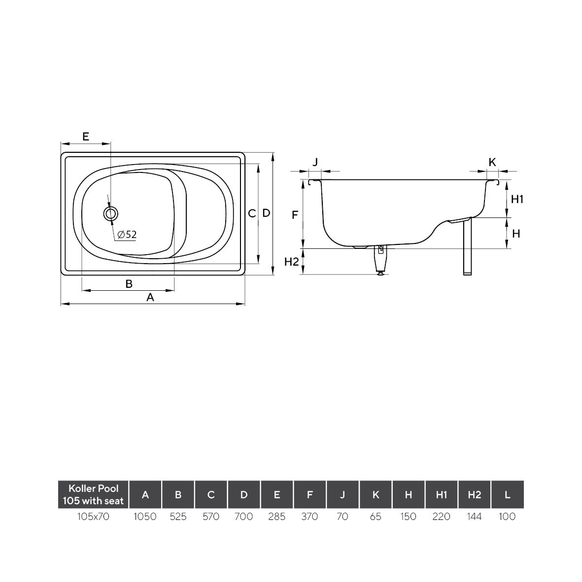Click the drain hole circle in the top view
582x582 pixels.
110,213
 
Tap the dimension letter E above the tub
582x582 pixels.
85,137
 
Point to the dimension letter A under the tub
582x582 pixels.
150,297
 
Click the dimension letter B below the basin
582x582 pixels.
129,284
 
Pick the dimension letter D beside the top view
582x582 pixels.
266,213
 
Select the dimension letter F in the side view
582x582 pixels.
295,215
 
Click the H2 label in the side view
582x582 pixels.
292,262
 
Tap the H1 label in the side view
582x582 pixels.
516,199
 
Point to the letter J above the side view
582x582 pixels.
316,162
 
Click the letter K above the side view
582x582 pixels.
492,162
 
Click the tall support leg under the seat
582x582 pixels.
467,246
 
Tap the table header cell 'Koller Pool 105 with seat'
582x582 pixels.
93,495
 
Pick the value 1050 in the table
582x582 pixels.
145,516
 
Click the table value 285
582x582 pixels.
276,516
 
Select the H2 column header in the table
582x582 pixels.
474,495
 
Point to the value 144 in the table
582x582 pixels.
474,516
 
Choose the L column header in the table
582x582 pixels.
507,495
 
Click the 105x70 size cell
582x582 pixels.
93,516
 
